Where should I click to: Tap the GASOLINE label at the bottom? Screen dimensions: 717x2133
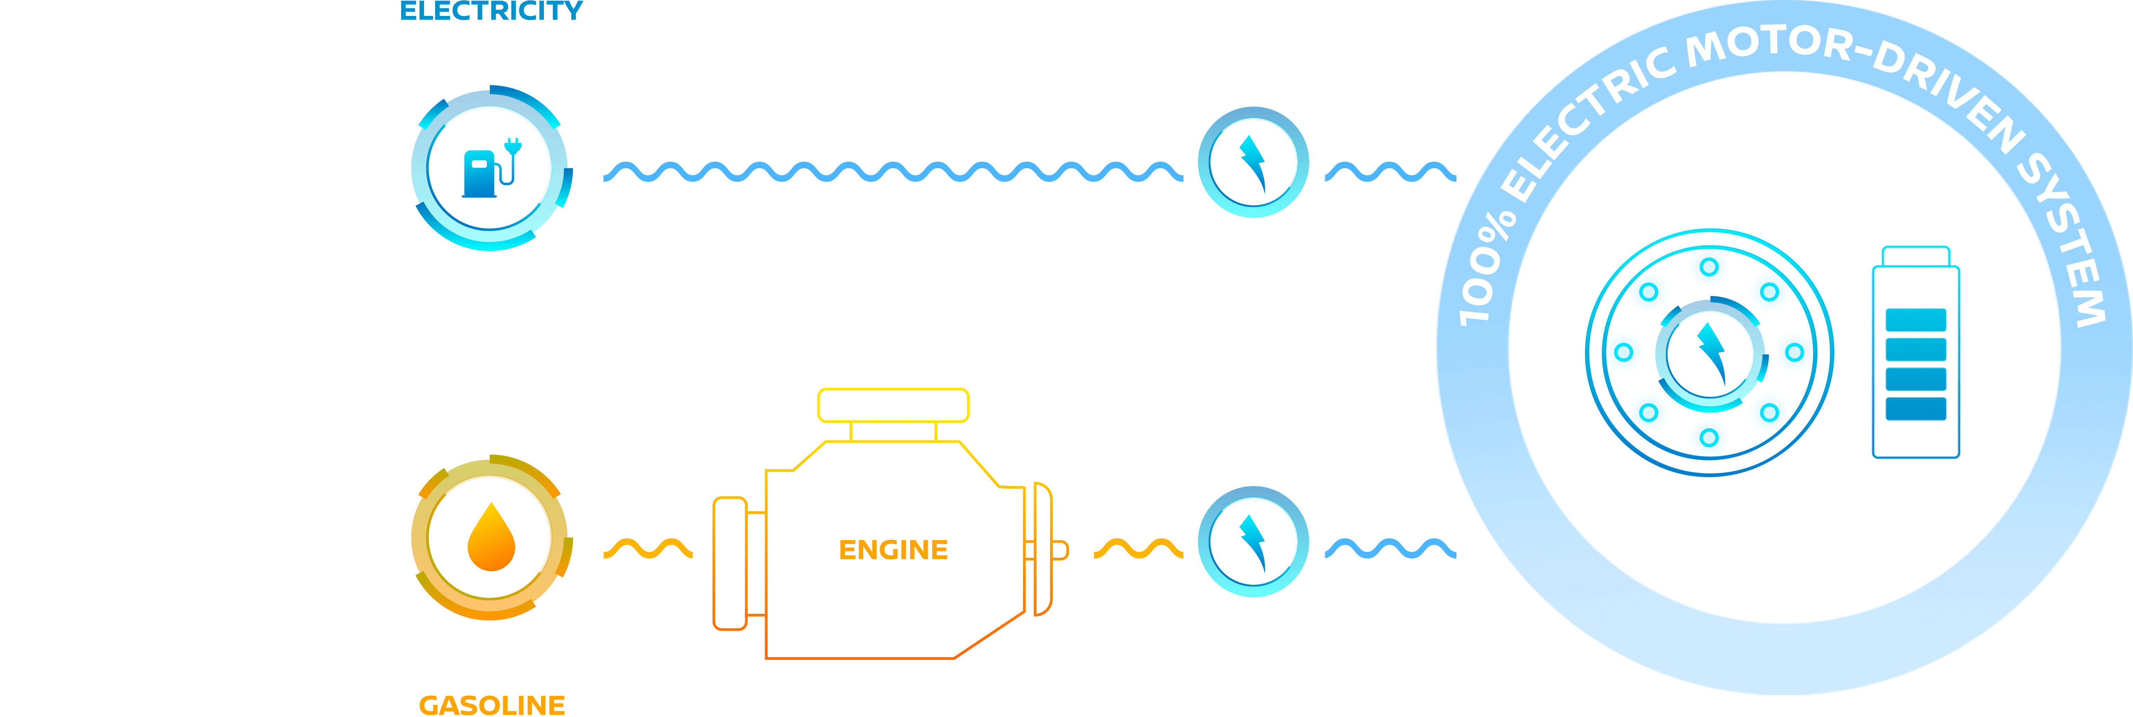[x=492, y=705]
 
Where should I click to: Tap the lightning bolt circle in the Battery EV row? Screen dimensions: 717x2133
[x=1253, y=162]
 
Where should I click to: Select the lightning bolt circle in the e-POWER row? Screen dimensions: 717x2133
[x=1253, y=541]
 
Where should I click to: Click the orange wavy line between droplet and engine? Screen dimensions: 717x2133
[x=647, y=548]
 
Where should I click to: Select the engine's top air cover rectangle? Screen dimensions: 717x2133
[x=893, y=405]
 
